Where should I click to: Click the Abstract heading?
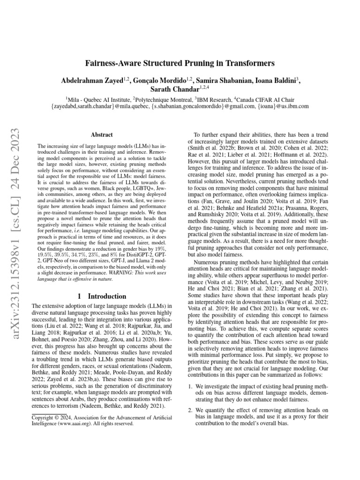(x=101, y=134)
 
